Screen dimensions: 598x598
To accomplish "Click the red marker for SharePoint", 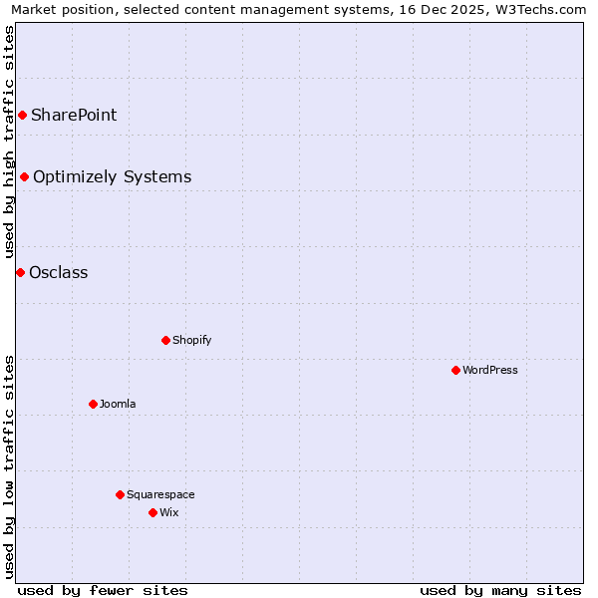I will [x=22, y=116].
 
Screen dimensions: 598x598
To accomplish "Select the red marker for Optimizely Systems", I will [x=24, y=177].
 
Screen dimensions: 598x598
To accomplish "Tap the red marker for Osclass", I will [x=20, y=273].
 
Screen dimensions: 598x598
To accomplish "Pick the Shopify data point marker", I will [x=165, y=341].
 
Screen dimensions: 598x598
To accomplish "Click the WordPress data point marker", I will [x=455, y=371].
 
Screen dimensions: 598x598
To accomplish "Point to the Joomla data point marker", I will [x=93, y=405].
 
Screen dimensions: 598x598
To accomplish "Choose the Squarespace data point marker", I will [x=120, y=495].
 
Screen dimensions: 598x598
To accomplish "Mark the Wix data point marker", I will [x=152, y=513].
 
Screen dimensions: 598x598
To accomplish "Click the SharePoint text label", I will [x=74, y=116].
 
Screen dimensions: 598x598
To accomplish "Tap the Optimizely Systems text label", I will [x=112, y=177].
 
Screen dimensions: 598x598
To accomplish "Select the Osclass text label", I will [x=59, y=273].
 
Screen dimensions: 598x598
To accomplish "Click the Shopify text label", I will [x=191, y=341].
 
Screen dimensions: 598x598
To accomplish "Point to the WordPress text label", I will [x=489, y=371].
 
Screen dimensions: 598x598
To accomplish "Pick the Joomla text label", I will [x=118, y=405].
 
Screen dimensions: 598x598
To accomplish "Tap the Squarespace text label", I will [x=160, y=495].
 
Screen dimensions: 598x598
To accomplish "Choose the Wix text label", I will [x=168, y=513].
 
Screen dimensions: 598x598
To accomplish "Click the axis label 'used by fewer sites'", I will [x=103, y=590].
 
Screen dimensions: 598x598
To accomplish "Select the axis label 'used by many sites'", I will [x=500, y=590].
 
